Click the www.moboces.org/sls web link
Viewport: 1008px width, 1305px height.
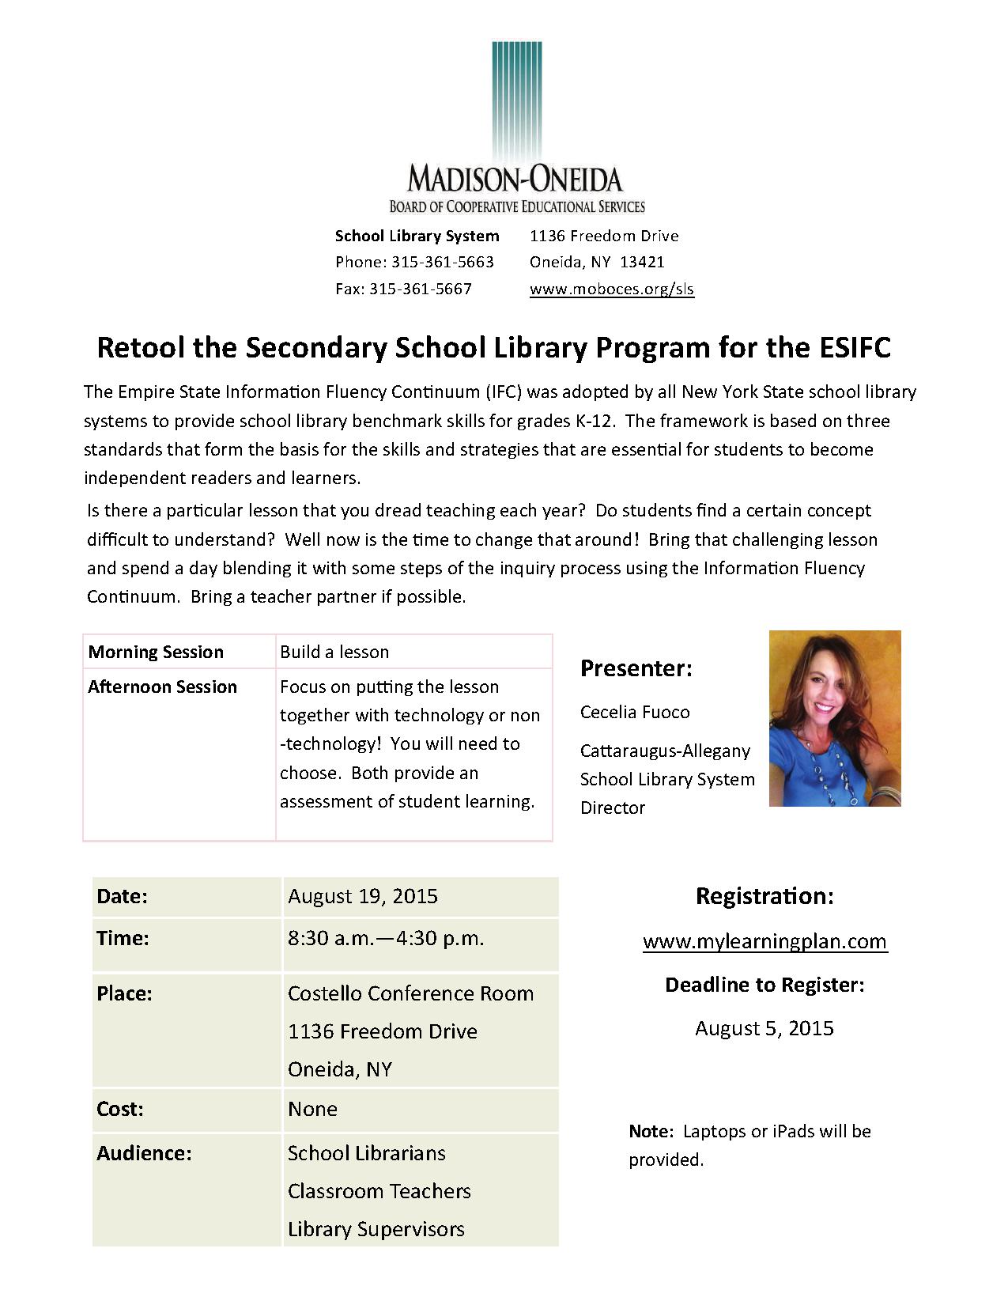pyautogui.click(x=611, y=289)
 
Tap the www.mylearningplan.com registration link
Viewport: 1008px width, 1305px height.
pyautogui.click(x=764, y=941)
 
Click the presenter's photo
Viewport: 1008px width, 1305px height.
pyautogui.click(x=835, y=718)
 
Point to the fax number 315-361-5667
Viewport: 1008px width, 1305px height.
pyautogui.click(x=420, y=289)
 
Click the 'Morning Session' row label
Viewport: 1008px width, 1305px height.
pyautogui.click(x=156, y=652)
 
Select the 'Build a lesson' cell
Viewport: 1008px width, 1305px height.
pyautogui.click(x=334, y=652)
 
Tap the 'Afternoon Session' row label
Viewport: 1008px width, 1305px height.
pyautogui.click(x=162, y=687)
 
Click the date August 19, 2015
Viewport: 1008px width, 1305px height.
pyautogui.click(x=363, y=896)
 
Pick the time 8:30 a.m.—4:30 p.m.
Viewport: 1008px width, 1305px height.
pyautogui.click(x=386, y=938)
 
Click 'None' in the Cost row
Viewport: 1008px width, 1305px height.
pyautogui.click(x=312, y=1109)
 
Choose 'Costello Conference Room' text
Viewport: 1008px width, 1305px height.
pyautogui.click(x=410, y=993)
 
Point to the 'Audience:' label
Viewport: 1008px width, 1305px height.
pyautogui.click(x=144, y=1153)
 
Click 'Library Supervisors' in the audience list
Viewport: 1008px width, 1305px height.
pyautogui.click(x=376, y=1229)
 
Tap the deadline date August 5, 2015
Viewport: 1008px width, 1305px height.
pyautogui.click(x=764, y=1028)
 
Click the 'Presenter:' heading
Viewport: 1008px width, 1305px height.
pyautogui.click(x=636, y=668)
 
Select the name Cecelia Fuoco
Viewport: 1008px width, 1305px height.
pyautogui.click(x=635, y=712)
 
